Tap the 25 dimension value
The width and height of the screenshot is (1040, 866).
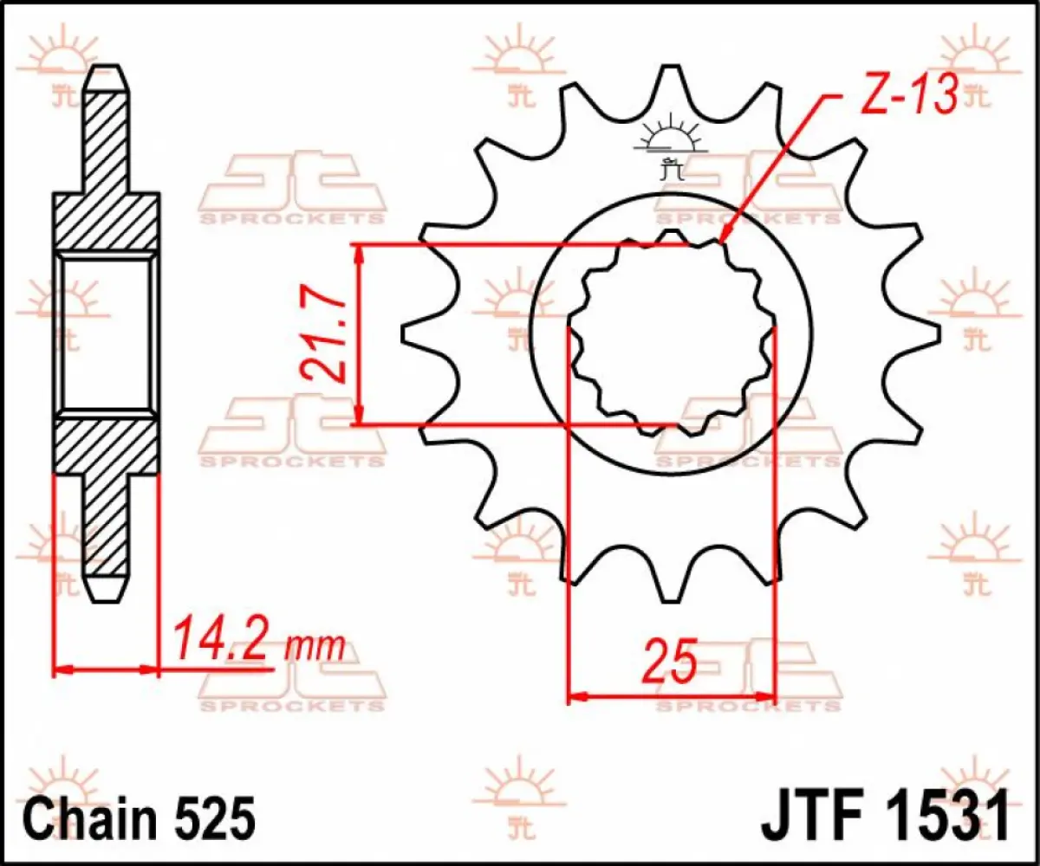(x=670, y=664)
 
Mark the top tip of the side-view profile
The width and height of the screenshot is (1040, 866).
(x=107, y=71)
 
